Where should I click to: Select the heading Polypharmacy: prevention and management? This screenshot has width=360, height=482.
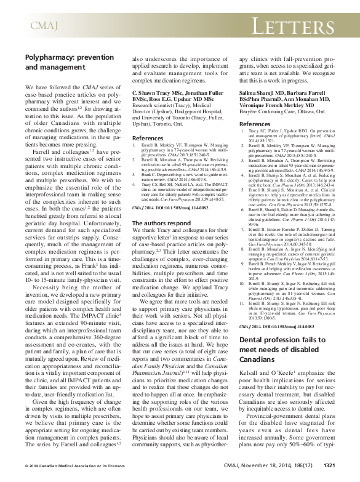65,61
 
